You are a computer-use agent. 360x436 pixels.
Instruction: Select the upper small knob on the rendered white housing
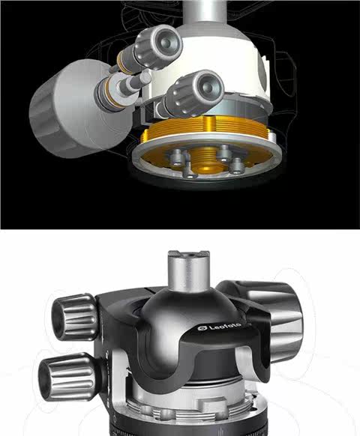(158, 46)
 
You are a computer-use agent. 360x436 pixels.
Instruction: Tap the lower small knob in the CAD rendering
(195, 93)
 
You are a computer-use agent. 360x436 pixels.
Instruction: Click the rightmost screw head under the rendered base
(238, 166)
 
